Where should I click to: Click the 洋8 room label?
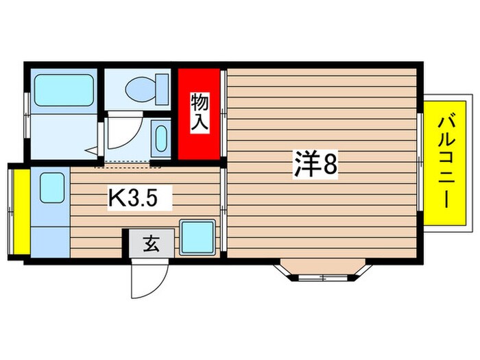coord(316,165)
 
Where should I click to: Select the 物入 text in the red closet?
coord(200,113)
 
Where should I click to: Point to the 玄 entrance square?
coord(150,243)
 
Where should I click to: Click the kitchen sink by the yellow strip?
coord(51,187)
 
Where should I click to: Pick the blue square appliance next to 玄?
coord(197,237)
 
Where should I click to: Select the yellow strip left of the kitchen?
coord(20,210)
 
